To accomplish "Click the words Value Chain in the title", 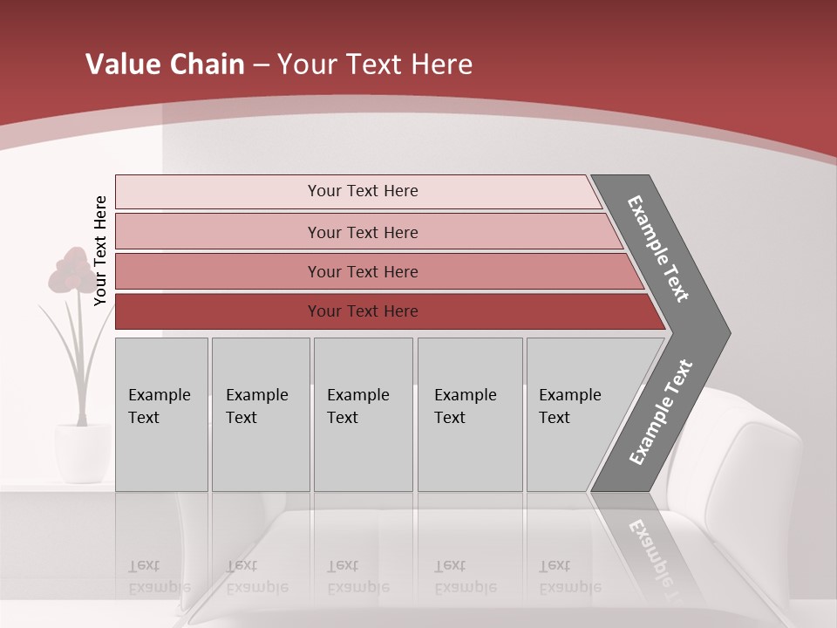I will (x=165, y=65).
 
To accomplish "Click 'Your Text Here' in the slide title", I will (x=375, y=65).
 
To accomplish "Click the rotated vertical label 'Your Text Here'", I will (x=101, y=250).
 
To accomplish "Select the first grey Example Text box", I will (x=161, y=414).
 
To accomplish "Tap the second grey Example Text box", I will (x=260, y=414).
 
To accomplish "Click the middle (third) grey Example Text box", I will (x=363, y=414).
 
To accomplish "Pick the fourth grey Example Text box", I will (x=470, y=414).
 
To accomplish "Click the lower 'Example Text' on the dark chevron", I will (x=660, y=412).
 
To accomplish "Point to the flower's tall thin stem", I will (x=85, y=366).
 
